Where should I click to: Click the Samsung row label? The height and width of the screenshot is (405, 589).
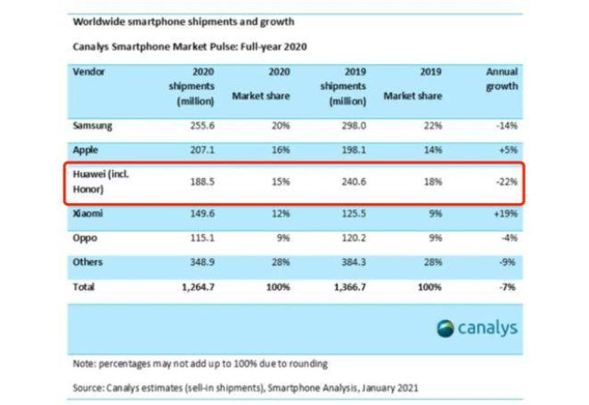[94, 127]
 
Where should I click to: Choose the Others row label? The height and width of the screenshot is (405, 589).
[87, 263]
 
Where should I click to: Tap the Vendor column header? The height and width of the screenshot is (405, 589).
[89, 71]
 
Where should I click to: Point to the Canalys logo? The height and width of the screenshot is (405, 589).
[477, 328]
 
